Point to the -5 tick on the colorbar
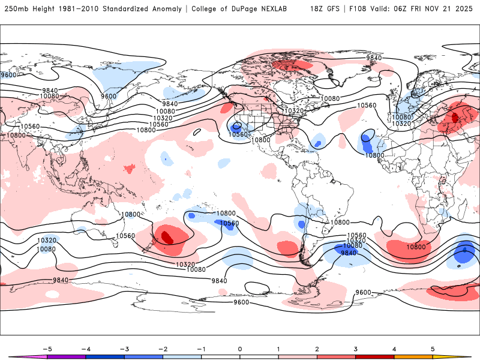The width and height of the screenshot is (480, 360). click(x=47, y=348)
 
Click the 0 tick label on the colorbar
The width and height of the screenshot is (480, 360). click(x=240, y=348)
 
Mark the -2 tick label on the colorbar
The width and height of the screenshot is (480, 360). click(x=163, y=348)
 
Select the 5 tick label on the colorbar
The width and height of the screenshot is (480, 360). click(x=433, y=348)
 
